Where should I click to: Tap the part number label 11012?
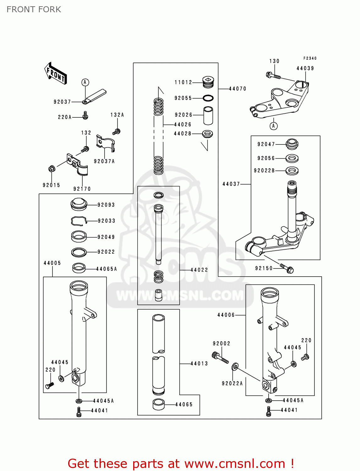coord(183,82)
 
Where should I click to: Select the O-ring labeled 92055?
coord(208,98)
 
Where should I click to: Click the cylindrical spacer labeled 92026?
coord(208,116)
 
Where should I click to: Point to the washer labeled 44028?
coord(207,134)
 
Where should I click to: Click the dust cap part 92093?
coord(79,204)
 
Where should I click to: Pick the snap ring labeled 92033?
coord(78,221)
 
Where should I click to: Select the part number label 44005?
coord(52,263)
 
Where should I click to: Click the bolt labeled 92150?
coord(286,268)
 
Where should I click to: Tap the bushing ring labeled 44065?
coord(159,404)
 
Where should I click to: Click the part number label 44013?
coord(199,364)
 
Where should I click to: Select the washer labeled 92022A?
coord(235,366)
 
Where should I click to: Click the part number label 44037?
coord(231,184)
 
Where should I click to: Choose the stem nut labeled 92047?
coord(292,144)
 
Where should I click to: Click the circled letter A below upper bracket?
coord(274,126)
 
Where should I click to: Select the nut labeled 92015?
coord(52,169)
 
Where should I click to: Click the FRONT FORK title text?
coord(34,9)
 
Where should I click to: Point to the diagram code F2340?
coord(310,58)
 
